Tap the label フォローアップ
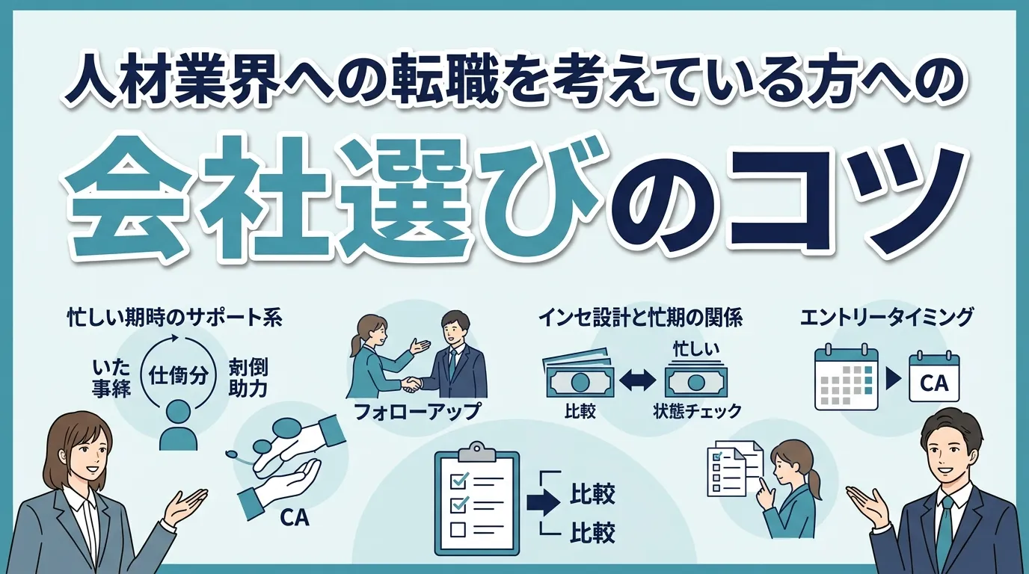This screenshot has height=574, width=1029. pyautogui.click(x=417, y=412)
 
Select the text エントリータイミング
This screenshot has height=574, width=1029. pyautogui.click(x=886, y=318)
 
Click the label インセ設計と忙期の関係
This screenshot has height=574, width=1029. pyautogui.click(x=640, y=318)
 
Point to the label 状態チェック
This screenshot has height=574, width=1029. pyautogui.click(x=697, y=411)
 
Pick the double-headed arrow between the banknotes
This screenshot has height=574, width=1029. pyautogui.click(x=638, y=382)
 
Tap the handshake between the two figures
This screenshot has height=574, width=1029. pyautogui.click(x=411, y=384)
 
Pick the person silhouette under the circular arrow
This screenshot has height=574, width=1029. pyautogui.click(x=178, y=425)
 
